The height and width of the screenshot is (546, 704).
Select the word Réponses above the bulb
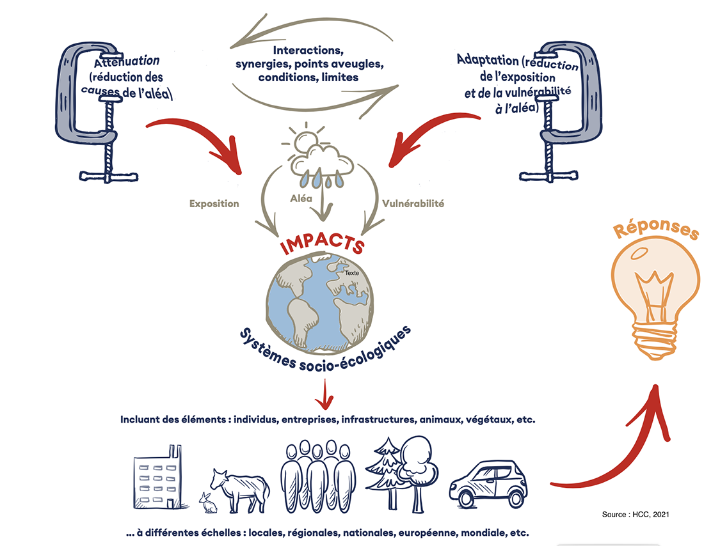pos(656,231)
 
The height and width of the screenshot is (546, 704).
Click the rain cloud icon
pos(322,162)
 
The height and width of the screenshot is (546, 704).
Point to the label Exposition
pos(214,204)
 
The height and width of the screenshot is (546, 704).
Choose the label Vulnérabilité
pos(413,204)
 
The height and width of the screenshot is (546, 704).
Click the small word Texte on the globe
pos(351,273)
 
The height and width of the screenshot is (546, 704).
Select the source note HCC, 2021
pos(635,514)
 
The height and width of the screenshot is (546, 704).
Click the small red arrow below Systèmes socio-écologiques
pos(326,394)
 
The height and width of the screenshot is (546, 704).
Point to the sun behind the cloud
pos(303,139)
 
